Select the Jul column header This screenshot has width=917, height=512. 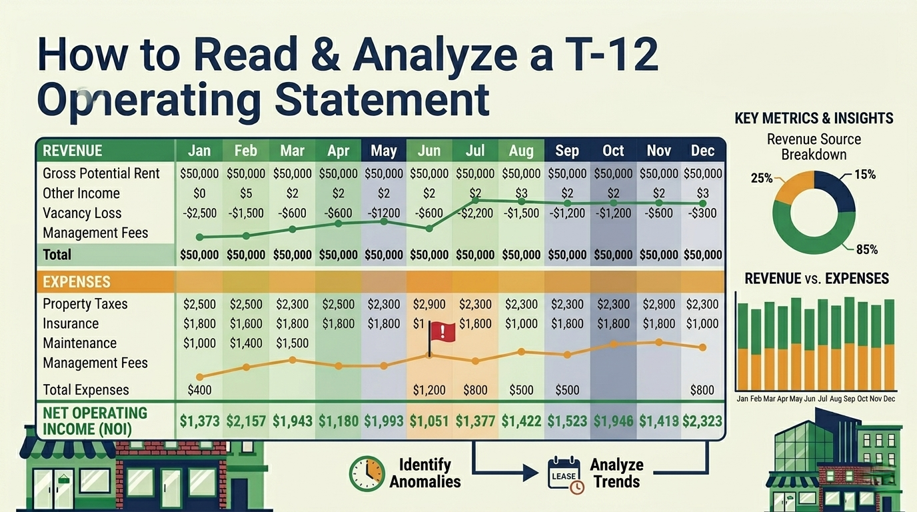tap(474, 151)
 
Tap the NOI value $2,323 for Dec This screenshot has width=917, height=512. tap(702, 421)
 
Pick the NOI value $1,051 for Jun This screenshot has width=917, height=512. tap(429, 421)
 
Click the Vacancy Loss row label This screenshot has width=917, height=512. tap(82, 213)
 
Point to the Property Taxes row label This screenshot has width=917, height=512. tap(85, 304)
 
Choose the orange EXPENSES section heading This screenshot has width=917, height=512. tap(76, 282)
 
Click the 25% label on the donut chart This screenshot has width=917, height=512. tap(762, 178)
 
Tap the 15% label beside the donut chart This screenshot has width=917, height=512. tap(864, 175)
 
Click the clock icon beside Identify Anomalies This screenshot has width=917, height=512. tap(367, 473)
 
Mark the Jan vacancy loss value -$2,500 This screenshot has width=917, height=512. tap(199, 213)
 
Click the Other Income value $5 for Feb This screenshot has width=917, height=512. tap(246, 193)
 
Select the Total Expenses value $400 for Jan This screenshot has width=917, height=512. tap(199, 390)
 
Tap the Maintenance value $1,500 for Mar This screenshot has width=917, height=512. tap(292, 343)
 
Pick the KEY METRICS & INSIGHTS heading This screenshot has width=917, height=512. tap(814, 119)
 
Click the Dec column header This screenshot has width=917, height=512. tap(702, 151)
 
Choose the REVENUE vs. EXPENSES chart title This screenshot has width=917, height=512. tap(816, 278)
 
